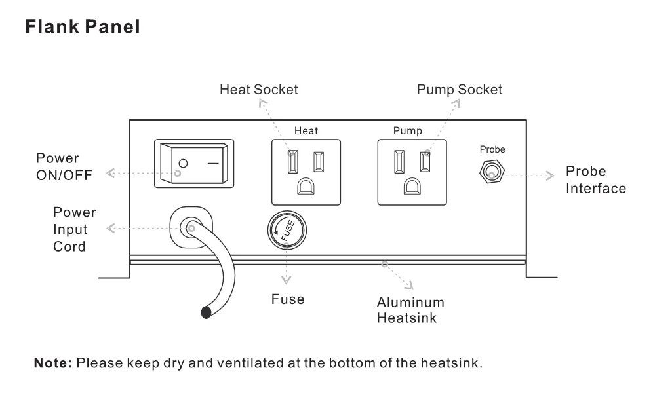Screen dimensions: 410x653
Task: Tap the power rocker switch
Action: pyautogui.click(x=193, y=163)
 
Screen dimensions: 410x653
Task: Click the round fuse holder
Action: pyautogui.click(x=287, y=231)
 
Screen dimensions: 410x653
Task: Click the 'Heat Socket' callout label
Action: pyautogui.click(x=258, y=90)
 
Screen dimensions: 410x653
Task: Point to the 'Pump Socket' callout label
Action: pyautogui.click(x=459, y=90)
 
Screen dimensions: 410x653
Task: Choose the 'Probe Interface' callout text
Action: pyautogui.click(x=595, y=180)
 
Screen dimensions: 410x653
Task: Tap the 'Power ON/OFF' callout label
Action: pyautogui.click(x=64, y=166)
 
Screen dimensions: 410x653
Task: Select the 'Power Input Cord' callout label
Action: pyautogui.click(x=74, y=229)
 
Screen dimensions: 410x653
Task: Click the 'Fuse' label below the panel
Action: pyautogui.click(x=288, y=299)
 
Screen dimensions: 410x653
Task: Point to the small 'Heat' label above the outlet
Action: pyautogui.click(x=306, y=131)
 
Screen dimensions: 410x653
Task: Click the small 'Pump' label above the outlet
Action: pyautogui.click(x=407, y=131)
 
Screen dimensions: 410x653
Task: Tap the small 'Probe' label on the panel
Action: pyautogui.click(x=492, y=149)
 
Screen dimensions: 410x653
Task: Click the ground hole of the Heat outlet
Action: pyautogui.click(x=306, y=186)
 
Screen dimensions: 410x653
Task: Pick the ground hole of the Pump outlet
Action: pyautogui.click(x=412, y=186)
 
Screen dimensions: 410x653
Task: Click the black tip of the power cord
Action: pyautogui.click(x=207, y=312)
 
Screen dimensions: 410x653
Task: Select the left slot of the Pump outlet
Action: pyautogui.click(x=398, y=161)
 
